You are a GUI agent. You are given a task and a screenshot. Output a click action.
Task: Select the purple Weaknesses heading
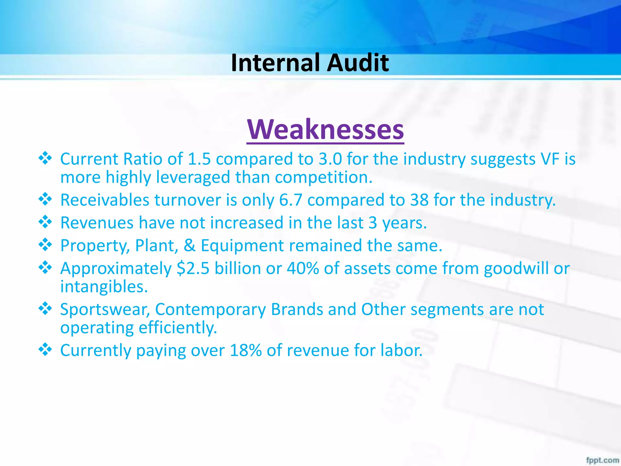pyautogui.click(x=325, y=130)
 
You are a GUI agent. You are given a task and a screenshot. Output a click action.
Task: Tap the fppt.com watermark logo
pyautogui.click(x=602, y=460)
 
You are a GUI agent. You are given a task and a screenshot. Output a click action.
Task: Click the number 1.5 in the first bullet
pyautogui.click(x=199, y=159)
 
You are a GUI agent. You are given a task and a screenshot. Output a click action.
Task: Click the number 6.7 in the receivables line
pyautogui.click(x=290, y=200)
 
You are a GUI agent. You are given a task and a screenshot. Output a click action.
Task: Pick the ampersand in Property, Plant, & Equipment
pyautogui.click(x=190, y=245)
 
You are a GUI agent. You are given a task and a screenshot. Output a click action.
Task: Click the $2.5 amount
pyautogui.click(x=193, y=268)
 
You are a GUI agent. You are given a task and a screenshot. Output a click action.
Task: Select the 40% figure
pyautogui.click(x=303, y=268)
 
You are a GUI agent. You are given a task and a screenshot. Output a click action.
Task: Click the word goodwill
pyautogui.click(x=516, y=268)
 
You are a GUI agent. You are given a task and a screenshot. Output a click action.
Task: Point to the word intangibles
pyautogui.click(x=104, y=287)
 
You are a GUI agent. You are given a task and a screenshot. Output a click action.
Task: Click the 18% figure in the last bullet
pyautogui.click(x=246, y=350)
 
